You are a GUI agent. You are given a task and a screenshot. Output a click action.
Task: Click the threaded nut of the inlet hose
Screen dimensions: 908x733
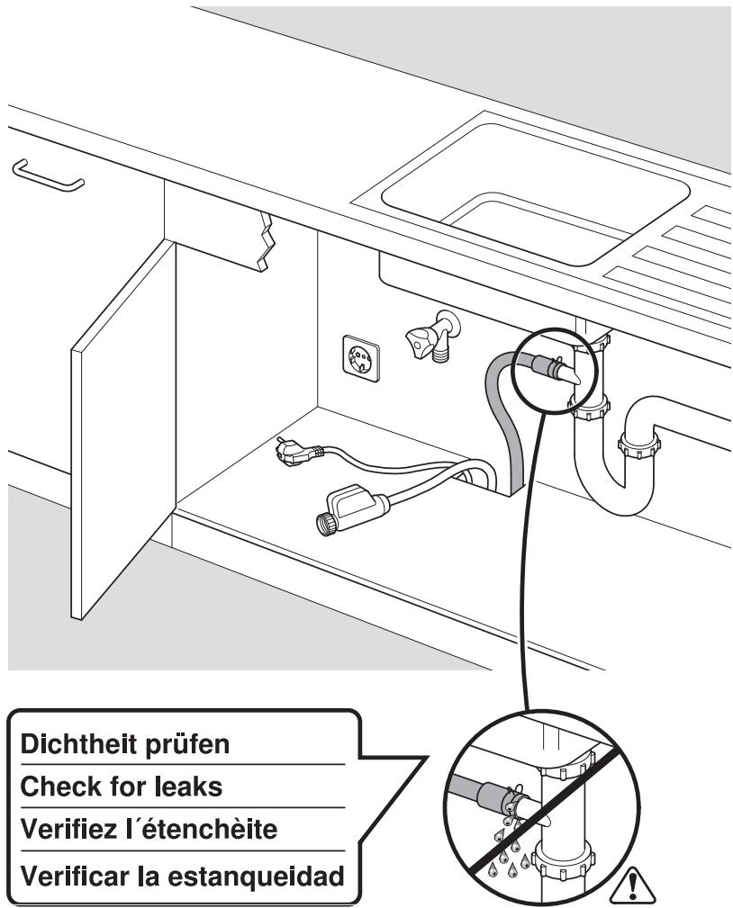click(x=322, y=523)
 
